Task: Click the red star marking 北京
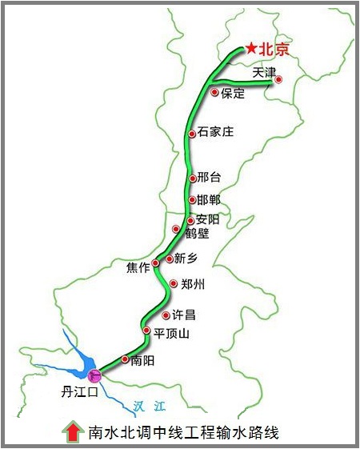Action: click(x=251, y=49)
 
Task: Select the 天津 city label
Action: click(x=264, y=72)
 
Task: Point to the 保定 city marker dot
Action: click(x=214, y=93)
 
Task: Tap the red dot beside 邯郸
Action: click(x=192, y=199)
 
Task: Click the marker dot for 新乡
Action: click(x=169, y=259)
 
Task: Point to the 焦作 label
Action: click(x=138, y=267)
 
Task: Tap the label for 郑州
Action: click(x=194, y=283)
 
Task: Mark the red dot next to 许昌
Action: click(x=166, y=315)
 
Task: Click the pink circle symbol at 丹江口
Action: click(x=95, y=375)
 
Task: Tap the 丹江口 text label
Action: click(x=79, y=392)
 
